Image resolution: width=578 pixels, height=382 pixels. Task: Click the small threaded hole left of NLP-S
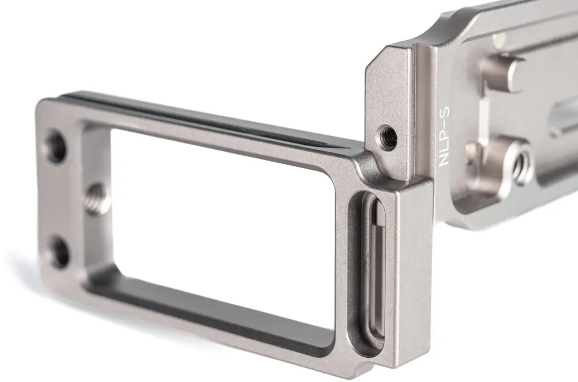click(x=386, y=135)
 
